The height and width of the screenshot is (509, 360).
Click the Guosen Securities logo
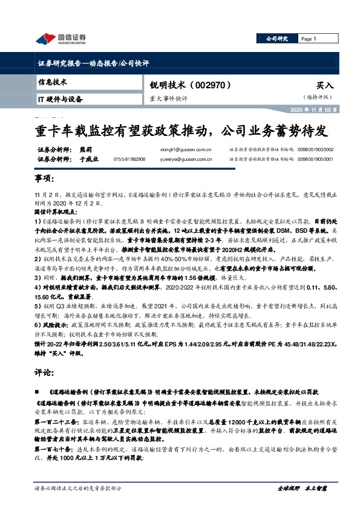60,39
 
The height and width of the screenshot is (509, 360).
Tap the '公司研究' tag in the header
277,39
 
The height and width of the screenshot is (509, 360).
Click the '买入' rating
325,86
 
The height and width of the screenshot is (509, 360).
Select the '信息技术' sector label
53,81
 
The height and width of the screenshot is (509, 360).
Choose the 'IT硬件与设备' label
60,98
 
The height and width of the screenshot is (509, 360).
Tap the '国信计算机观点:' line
57,213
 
